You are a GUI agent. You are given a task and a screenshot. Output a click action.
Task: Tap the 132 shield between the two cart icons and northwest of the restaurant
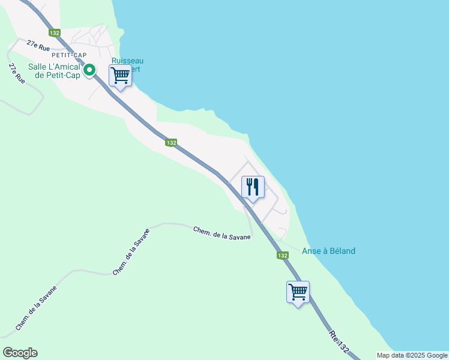pos(172,142)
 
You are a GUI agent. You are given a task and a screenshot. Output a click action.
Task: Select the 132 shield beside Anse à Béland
pos(282,256)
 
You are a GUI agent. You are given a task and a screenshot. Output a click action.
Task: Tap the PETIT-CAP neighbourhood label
pos(70,55)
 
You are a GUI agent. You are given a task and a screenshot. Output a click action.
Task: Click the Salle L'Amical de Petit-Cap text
pos(53,71)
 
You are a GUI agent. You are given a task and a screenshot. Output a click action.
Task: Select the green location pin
pos(89,71)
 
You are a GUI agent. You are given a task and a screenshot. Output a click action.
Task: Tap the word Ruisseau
pos(127,61)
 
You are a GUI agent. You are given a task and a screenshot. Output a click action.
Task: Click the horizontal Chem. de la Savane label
pos(221,233)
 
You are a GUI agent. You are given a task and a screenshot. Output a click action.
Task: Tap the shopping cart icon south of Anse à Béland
pos(298,293)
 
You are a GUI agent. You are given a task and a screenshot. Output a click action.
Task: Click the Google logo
pos(20,353)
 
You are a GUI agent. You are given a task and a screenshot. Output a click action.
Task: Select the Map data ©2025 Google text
pos(412,355)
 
